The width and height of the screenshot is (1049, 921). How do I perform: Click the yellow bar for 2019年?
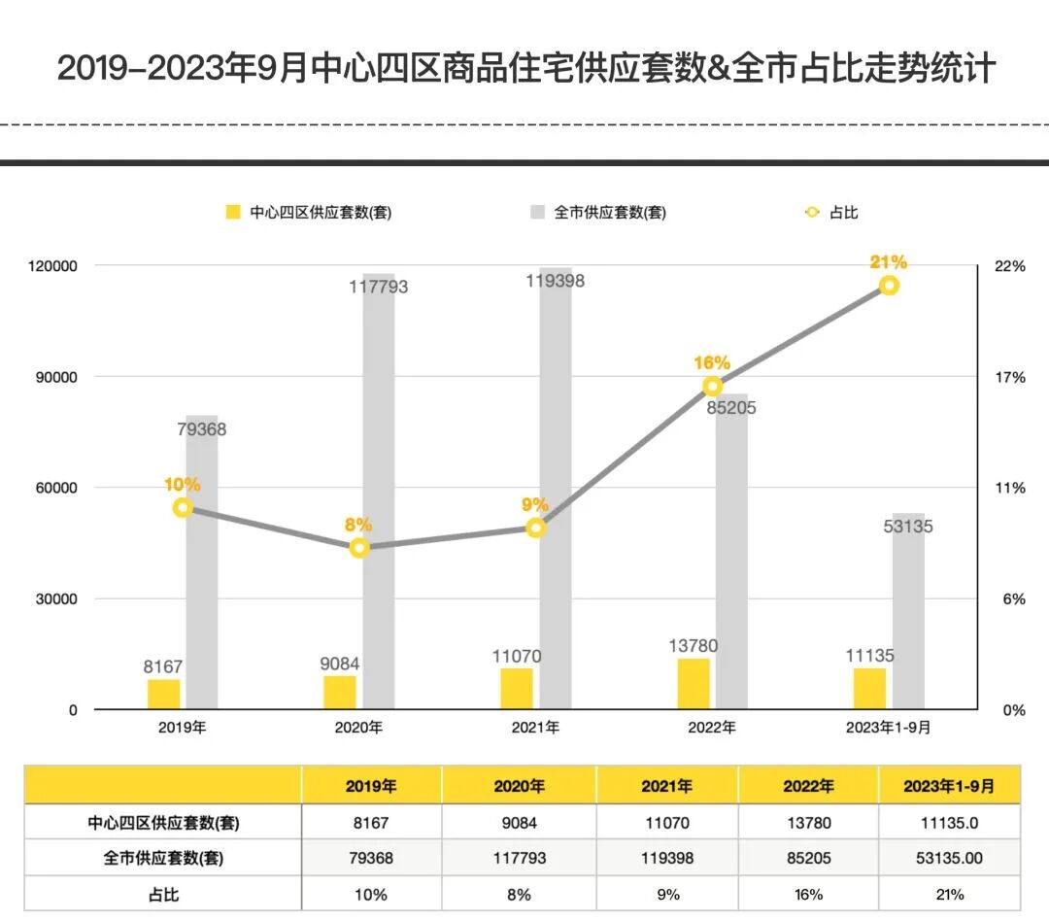[x=164, y=694]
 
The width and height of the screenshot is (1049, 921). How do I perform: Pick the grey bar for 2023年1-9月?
[x=909, y=612]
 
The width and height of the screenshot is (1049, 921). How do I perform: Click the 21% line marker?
[x=889, y=285]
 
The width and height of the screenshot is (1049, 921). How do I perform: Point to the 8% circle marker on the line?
[x=359, y=547]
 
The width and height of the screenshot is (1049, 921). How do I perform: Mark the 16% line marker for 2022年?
[x=712, y=386]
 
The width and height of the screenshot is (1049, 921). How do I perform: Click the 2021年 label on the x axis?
[x=535, y=728]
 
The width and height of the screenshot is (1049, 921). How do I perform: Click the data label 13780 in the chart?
[x=694, y=646]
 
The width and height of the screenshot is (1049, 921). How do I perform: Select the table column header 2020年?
[x=519, y=786]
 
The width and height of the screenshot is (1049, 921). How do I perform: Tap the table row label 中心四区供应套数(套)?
[x=163, y=823]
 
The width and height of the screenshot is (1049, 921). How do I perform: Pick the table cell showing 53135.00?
[x=949, y=859]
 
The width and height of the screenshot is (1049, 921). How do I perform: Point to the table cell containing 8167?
[x=371, y=823]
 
